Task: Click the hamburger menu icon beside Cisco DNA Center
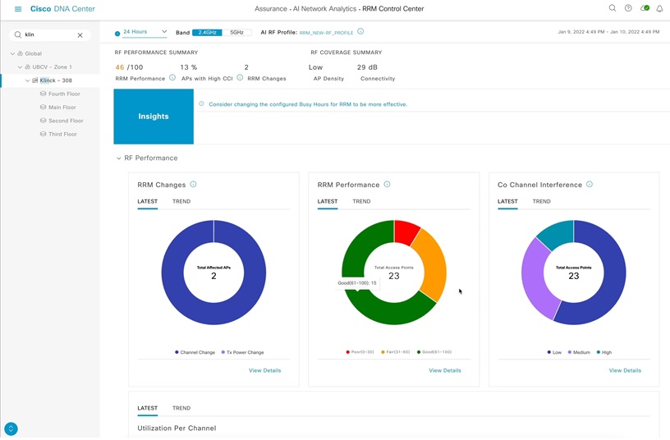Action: pyautogui.click(x=18, y=9)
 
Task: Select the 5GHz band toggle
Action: pyautogui.click(x=236, y=33)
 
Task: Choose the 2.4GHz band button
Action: pyautogui.click(x=207, y=33)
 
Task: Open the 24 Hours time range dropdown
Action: pyautogui.click(x=145, y=32)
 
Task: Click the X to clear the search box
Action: pyautogui.click(x=80, y=35)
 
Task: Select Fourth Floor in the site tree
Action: pyautogui.click(x=64, y=94)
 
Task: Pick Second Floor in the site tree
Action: pyautogui.click(x=66, y=121)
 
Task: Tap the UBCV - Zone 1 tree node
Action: pyautogui.click(x=52, y=67)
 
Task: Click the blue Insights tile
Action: pyautogui.click(x=154, y=117)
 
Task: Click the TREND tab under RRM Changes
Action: pyautogui.click(x=181, y=201)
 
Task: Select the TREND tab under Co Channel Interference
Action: pyautogui.click(x=541, y=201)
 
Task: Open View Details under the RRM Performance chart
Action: pyautogui.click(x=444, y=370)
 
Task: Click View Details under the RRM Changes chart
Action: pyautogui.click(x=264, y=370)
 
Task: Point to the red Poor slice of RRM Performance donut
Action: pyautogui.click(x=406, y=231)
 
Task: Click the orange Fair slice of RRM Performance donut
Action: pyautogui.click(x=430, y=263)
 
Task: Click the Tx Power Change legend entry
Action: pyautogui.click(x=243, y=352)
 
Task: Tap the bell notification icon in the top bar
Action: pyautogui.click(x=659, y=9)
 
